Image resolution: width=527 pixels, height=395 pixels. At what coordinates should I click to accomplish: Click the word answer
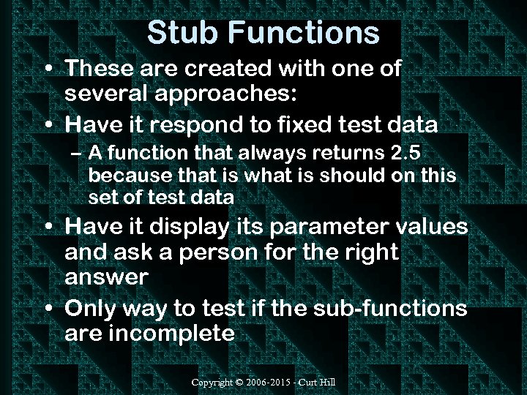tap(106, 279)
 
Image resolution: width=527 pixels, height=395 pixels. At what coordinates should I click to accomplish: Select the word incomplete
tap(173, 334)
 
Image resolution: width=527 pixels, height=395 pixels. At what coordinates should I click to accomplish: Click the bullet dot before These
tap(48, 70)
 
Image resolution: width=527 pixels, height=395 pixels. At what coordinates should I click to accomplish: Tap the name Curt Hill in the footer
tap(320, 383)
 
